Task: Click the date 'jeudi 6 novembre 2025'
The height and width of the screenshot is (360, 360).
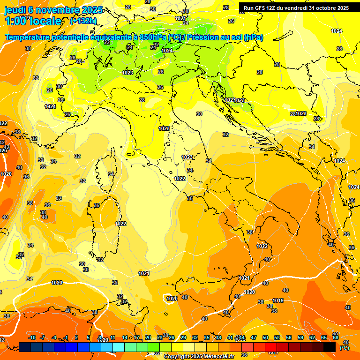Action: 49,10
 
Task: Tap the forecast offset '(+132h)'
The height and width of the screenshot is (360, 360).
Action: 83,21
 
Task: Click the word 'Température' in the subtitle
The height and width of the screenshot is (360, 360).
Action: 28,37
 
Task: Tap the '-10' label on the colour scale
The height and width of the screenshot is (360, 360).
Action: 32,337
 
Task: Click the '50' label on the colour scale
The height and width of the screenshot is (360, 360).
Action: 265,337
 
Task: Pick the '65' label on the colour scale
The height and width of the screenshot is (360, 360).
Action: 324,337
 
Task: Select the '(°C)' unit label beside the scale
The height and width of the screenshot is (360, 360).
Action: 345,348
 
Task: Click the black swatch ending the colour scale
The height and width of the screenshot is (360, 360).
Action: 330,347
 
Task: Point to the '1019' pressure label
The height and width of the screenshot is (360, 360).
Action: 278,300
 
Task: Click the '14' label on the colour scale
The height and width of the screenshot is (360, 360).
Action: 125,337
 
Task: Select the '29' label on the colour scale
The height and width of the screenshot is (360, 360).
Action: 183,337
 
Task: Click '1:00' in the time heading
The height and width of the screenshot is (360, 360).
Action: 15,21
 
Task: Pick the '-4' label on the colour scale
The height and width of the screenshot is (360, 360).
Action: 54,337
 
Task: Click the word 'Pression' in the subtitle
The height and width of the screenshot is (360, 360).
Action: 204,37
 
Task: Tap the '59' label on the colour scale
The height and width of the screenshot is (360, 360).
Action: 300,337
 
